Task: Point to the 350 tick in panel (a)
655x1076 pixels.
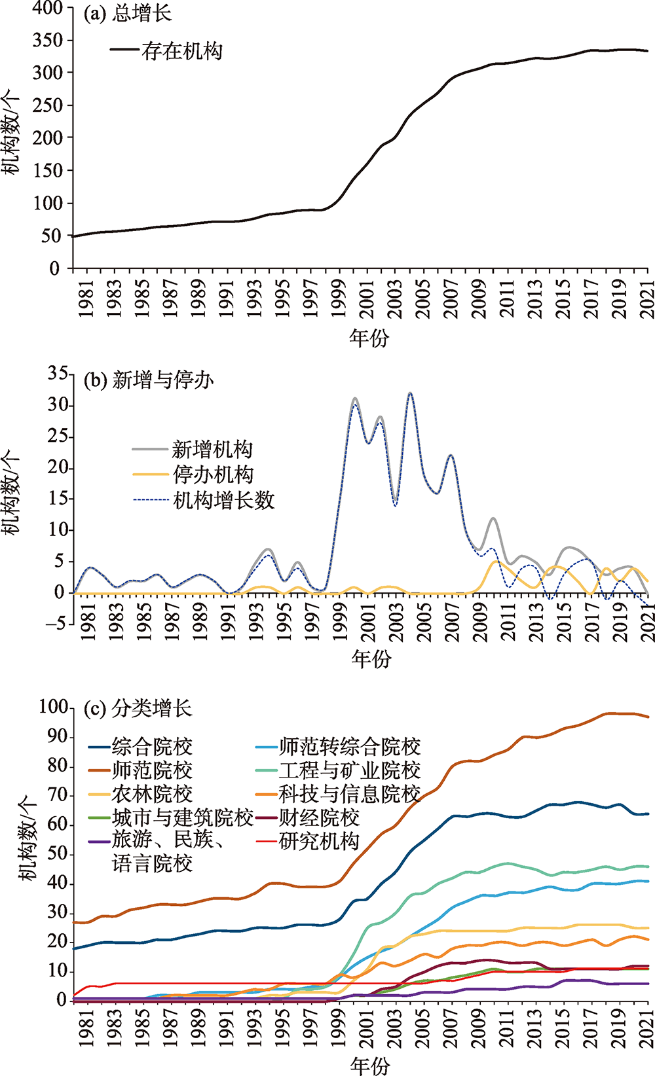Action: (x=49, y=41)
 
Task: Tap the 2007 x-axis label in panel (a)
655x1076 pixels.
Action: (x=452, y=299)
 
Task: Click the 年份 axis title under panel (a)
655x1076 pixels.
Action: (x=369, y=338)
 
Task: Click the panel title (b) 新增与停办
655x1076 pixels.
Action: (x=149, y=380)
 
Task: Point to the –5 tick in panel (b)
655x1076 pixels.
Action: (x=56, y=623)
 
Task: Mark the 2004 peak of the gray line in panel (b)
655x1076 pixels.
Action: (x=410, y=393)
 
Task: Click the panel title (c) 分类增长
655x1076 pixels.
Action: (x=138, y=708)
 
